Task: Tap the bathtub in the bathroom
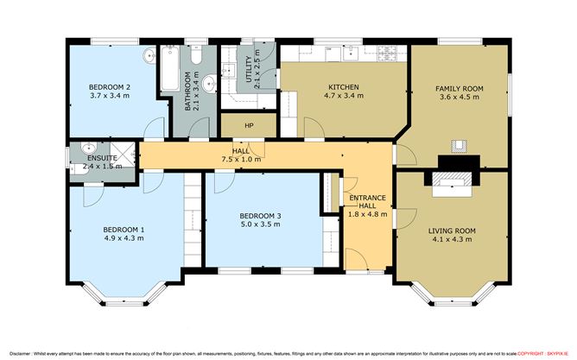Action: click(169, 69)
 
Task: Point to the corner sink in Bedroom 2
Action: click(148, 54)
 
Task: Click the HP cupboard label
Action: click(249, 126)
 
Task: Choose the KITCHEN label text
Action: click(343, 87)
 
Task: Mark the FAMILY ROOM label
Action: click(459, 89)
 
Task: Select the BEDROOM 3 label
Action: click(260, 216)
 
